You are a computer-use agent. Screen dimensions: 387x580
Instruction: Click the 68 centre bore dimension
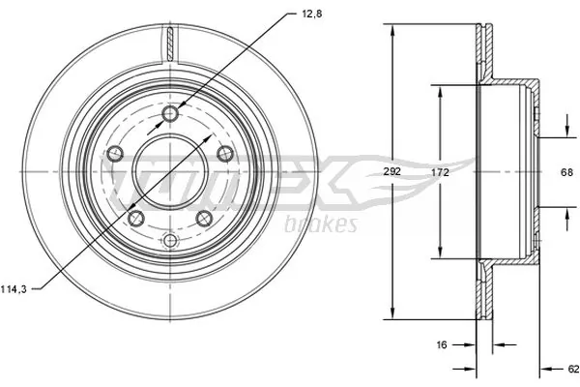(567, 172)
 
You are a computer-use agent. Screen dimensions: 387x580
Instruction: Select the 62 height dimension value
(572, 368)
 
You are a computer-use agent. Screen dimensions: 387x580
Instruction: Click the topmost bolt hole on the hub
(170, 115)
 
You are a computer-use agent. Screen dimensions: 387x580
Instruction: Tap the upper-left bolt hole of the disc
(116, 153)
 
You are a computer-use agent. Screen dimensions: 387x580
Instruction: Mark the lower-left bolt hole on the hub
(136, 218)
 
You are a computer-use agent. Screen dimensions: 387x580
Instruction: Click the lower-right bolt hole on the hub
(204, 218)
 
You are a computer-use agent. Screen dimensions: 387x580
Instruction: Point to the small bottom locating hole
(170, 240)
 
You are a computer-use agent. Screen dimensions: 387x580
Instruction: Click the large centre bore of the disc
(170, 171)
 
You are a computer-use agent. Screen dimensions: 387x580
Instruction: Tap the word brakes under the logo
(322, 225)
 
